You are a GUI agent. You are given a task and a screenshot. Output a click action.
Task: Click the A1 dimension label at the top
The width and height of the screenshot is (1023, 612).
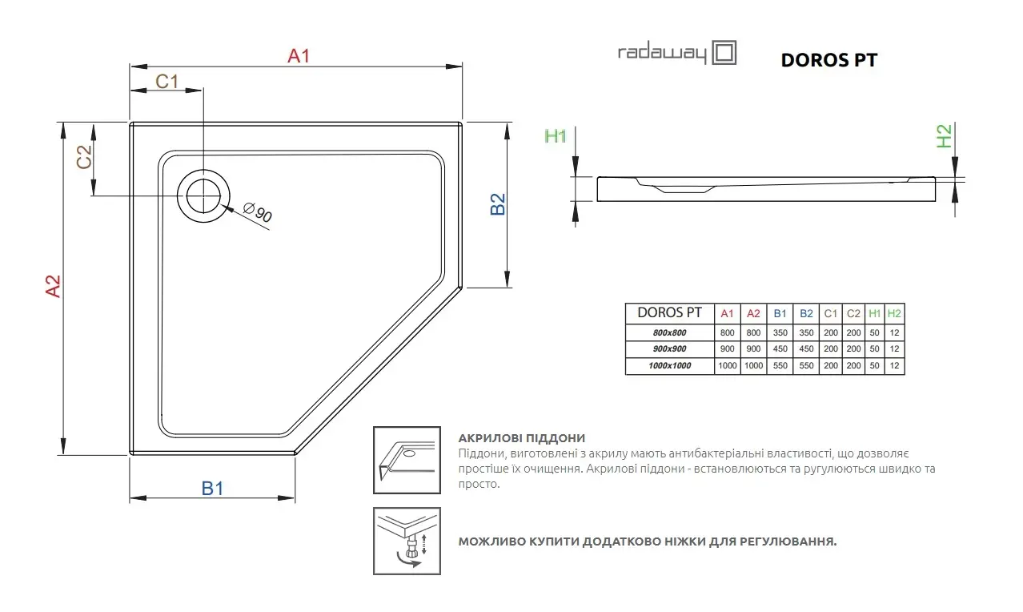pyautogui.click(x=299, y=56)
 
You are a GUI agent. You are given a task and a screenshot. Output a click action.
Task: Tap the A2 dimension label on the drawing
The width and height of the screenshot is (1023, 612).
pyautogui.click(x=53, y=287)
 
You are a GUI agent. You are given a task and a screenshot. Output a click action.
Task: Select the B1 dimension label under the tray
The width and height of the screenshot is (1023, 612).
pyautogui.click(x=212, y=489)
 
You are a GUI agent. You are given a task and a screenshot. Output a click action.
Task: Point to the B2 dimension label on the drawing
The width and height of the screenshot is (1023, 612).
pyautogui.click(x=498, y=203)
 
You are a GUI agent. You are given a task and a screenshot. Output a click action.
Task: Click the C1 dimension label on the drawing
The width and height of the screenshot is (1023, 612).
pyautogui.click(x=166, y=82)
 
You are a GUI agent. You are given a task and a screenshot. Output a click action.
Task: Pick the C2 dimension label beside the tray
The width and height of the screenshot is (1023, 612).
pyautogui.click(x=85, y=157)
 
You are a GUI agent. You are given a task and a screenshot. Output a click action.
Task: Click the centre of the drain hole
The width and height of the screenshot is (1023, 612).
pyautogui.click(x=203, y=196)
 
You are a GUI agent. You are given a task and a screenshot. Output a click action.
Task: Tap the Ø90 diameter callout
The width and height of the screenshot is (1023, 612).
pyautogui.click(x=258, y=212)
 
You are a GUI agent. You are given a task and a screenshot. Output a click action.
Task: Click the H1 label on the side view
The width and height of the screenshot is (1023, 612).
pyautogui.click(x=556, y=135)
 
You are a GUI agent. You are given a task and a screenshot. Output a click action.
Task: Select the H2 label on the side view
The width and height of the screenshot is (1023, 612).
pyautogui.click(x=944, y=136)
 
